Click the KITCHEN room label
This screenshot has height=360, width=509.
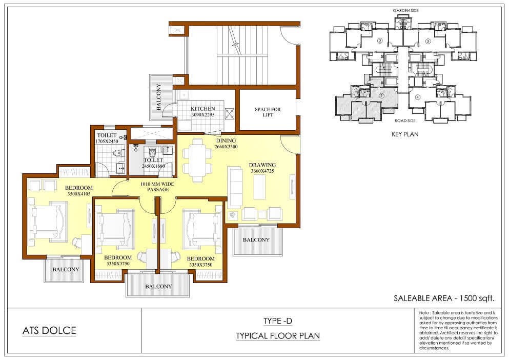203,109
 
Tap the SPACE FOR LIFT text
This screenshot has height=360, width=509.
268,112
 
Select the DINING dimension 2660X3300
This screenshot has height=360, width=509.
226,147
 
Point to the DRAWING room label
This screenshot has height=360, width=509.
262,165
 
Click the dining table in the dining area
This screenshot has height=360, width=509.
198,160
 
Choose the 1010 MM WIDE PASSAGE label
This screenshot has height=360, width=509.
157,187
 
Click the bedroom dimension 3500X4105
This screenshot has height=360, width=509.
79,194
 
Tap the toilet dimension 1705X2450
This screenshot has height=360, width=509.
107,142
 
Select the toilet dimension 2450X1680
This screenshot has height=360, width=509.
153,166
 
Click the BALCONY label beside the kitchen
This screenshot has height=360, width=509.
159,97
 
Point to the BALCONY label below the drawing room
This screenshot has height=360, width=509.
256,240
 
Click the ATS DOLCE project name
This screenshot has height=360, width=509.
49,331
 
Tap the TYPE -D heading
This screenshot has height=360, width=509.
277,322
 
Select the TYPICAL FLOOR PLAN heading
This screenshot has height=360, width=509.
278,336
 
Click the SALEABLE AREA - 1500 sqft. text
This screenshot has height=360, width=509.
444,298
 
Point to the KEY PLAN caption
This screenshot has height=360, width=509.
405,134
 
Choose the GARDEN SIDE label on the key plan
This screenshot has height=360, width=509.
406,11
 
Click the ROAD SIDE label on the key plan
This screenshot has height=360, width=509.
405,121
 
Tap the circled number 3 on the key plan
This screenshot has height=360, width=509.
428,41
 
